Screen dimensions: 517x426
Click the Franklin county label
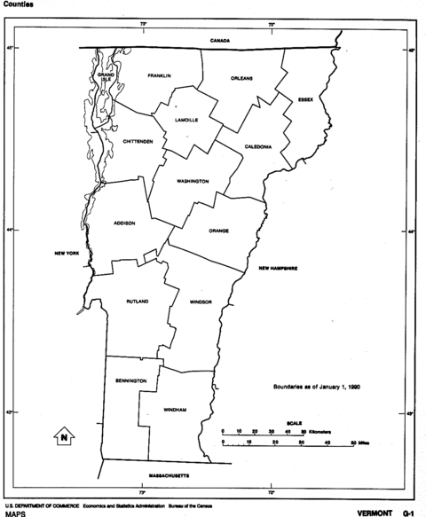coord(160,75)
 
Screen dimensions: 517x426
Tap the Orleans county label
coord(241,78)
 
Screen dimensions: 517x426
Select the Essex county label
coord(305,99)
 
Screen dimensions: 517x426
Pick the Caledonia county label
coord(257,146)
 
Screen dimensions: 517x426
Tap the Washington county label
coord(193,181)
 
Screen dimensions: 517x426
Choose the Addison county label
coord(124,223)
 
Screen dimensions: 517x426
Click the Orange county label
coord(218,231)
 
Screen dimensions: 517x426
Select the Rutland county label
coord(138,302)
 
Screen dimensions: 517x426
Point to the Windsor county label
coord(201,302)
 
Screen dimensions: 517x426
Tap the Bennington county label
coord(130,380)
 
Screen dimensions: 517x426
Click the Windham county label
coord(174,411)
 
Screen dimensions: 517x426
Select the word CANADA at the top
coord(220,42)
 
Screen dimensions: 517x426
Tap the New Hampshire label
coord(277,268)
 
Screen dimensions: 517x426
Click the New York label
coord(67,254)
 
